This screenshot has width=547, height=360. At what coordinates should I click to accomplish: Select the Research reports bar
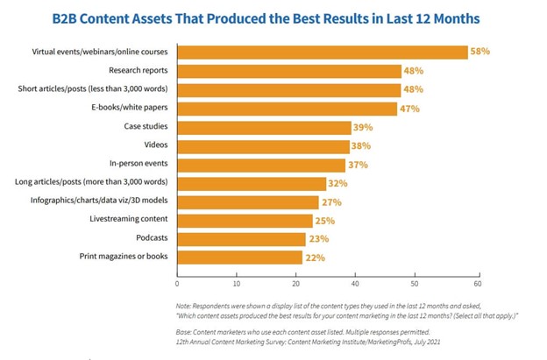click(289, 71)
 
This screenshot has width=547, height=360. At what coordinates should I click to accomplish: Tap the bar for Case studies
click(263, 127)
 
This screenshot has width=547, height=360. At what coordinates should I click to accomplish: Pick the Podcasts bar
click(241, 238)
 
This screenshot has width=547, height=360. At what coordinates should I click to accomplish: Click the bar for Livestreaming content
click(245, 220)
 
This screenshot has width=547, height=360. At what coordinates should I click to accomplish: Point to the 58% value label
click(480, 53)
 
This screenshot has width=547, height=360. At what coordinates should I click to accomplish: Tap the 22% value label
click(316, 258)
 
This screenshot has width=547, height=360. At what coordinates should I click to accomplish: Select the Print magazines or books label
click(124, 258)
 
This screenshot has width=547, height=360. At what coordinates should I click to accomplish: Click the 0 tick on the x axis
click(177, 284)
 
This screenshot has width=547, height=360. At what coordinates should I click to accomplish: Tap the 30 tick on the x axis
click(327, 284)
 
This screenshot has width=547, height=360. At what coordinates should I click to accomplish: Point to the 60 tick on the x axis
click(478, 284)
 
